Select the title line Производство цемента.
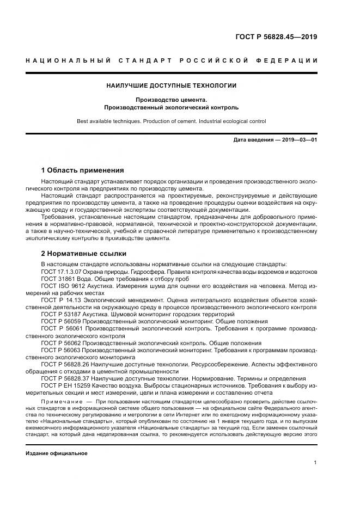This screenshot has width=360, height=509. pyautogui.click(x=172, y=100)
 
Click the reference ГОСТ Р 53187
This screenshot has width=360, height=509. pyautogui.click(x=59, y=315)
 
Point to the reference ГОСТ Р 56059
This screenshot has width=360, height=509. pyautogui.click(x=59, y=322)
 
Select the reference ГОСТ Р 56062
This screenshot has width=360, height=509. pyautogui.click(x=59, y=344)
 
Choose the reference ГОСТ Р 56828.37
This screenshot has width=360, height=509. pyautogui.click(x=62, y=379)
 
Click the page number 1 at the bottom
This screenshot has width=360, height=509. pyautogui.click(x=315, y=462)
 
